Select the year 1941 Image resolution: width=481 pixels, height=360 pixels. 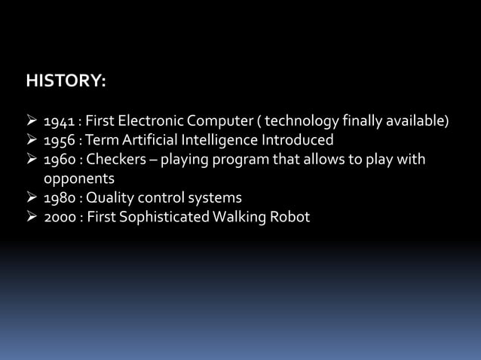coord(58,121)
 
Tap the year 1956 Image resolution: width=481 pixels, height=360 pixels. coord(58,141)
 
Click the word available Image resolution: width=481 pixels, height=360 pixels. coord(417,121)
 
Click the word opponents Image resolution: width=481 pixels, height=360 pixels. coord(78,179)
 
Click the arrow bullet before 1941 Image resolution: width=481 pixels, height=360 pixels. coord(32,121)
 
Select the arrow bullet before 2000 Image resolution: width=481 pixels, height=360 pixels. coord(32,218)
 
